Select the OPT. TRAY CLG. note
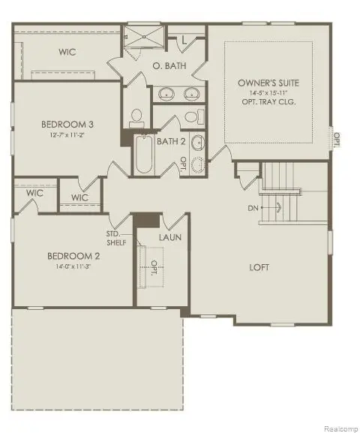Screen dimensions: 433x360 (x=268, y=102)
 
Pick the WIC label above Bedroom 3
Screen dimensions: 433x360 (x=70, y=53)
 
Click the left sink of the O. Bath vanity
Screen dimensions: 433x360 (x=166, y=94)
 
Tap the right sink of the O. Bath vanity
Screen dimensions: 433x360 (x=192, y=94)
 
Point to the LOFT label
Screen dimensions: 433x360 (x=260, y=266)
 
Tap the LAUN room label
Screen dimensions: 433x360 (x=168, y=238)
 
